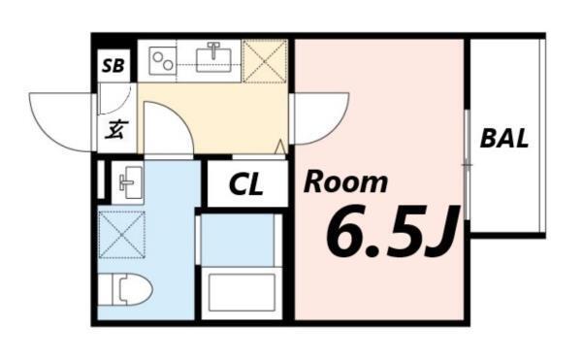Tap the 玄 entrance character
pos(115,129)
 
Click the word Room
pos(347,181)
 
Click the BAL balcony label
pos(504,139)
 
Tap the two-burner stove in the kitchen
pos(162,60)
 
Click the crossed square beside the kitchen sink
pos(265,61)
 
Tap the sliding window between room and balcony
pos(467,165)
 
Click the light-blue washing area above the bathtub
pos(238,238)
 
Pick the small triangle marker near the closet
pos(281,147)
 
